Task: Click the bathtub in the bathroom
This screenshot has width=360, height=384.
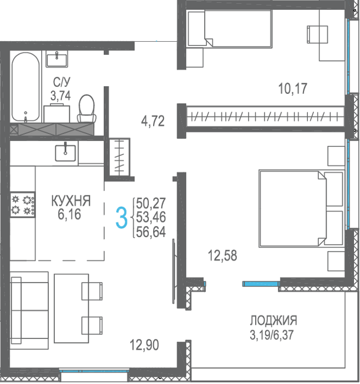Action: click(25, 87)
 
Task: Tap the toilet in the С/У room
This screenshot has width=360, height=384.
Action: click(87, 109)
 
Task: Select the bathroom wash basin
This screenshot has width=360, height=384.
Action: click(57, 59)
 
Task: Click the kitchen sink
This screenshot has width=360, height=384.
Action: click(65, 153)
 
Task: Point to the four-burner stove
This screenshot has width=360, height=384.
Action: click(22, 205)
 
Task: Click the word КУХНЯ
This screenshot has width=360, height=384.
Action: click(71, 201)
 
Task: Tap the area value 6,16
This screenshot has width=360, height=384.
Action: click(69, 214)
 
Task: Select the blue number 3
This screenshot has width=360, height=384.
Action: click(121, 217)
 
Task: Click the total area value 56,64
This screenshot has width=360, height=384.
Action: click(151, 231)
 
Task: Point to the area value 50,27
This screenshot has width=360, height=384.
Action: click(151, 203)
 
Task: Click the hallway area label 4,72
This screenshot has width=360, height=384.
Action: click(153, 121)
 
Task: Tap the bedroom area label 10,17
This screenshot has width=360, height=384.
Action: click(292, 89)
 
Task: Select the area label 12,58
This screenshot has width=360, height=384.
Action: click(222, 256)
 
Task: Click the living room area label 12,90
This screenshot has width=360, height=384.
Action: click(144, 345)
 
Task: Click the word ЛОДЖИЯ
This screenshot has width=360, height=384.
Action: click(273, 320)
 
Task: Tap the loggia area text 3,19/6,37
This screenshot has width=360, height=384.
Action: click(272, 335)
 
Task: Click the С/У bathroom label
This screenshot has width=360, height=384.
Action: click(61, 82)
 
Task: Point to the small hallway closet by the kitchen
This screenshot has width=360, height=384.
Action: click(119, 157)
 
